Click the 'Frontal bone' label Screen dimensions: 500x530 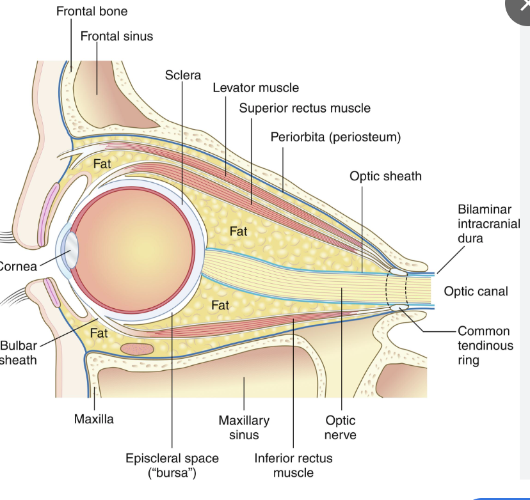click(x=92, y=12)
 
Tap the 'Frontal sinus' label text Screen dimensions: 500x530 click(x=116, y=36)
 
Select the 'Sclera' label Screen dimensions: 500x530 click(x=182, y=75)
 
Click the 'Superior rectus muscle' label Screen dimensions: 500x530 click(x=305, y=108)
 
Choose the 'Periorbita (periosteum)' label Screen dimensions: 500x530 click(x=335, y=137)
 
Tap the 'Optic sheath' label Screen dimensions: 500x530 click(x=385, y=176)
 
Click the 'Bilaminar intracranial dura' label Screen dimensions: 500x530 click(x=488, y=224)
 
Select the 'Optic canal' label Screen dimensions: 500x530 click(x=476, y=292)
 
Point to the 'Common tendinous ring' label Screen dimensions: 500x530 click(x=485, y=345)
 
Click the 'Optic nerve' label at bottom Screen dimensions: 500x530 click(x=341, y=428)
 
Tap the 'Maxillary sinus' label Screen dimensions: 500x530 click(x=244, y=428)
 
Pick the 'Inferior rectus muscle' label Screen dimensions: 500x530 click(x=293, y=465)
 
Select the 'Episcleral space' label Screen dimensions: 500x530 click(x=172, y=465)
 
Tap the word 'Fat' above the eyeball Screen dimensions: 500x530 click(x=102, y=164)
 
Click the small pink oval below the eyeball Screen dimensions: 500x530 click(x=136, y=349)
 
